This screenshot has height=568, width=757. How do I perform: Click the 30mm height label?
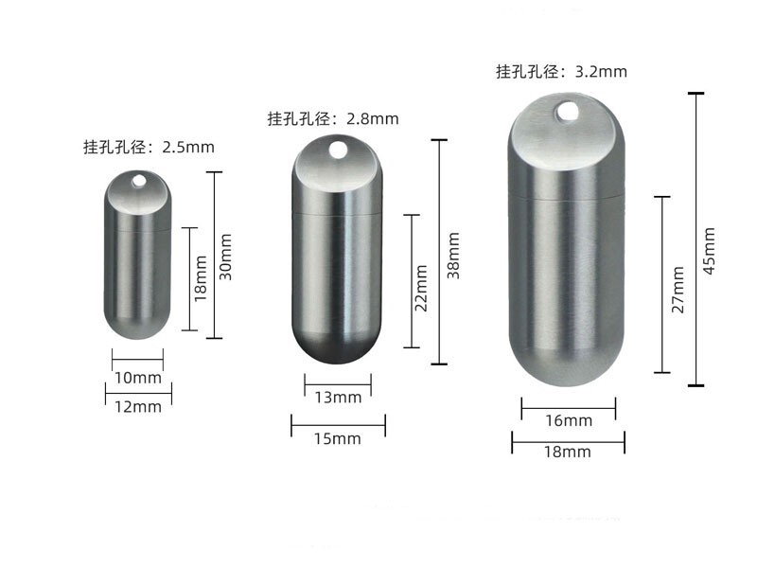[x=226, y=257]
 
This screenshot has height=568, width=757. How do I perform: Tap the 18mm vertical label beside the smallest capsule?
[x=201, y=278]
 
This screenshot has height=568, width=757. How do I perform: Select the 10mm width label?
[x=138, y=378]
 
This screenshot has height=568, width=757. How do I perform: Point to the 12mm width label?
[x=138, y=407]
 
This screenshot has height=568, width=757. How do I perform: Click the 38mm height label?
[x=453, y=255]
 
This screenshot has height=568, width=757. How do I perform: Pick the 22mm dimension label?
[x=421, y=289]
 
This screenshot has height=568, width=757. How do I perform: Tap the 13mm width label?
[x=338, y=398]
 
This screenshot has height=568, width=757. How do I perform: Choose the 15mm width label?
[x=338, y=438]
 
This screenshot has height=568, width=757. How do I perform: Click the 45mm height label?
[x=709, y=251]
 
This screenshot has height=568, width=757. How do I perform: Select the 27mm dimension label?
[x=678, y=290]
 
